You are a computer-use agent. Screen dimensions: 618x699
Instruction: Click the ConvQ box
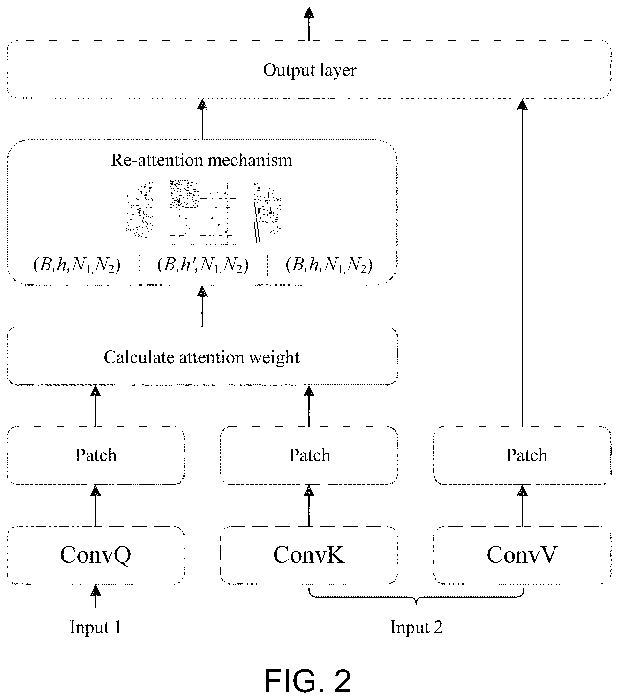[x=95, y=555]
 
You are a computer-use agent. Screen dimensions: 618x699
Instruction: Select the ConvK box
[x=309, y=555]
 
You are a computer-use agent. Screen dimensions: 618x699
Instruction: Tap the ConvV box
[x=522, y=555]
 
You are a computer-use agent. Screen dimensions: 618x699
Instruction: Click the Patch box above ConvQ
[x=95, y=455]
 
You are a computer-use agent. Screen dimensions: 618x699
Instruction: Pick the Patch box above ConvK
[x=309, y=455]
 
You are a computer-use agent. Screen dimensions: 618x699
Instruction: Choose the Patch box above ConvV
[x=522, y=455]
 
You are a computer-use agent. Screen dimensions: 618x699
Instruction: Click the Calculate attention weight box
[x=202, y=356]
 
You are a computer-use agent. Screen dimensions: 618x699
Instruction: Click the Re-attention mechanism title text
[x=202, y=160]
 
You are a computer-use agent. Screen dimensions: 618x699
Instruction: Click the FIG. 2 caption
[x=308, y=680]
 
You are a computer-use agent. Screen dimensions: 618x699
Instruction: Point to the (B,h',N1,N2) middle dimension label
[x=203, y=265]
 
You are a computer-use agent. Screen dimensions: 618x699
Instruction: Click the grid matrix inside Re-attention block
[x=203, y=212]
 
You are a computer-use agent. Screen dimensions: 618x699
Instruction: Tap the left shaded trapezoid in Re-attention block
[x=139, y=212]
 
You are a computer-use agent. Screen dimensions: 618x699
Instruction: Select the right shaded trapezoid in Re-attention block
[x=268, y=212]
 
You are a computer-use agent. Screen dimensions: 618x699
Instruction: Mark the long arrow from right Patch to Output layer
[x=522, y=262]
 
